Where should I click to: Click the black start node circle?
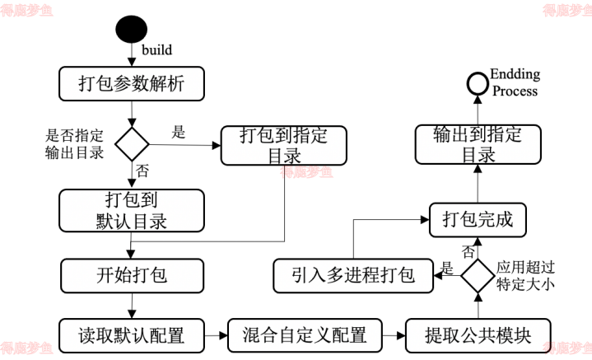pyautogui.click(x=131, y=30)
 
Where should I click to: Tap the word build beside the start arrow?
pyautogui.click(x=156, y=49)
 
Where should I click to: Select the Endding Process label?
pyautogui.click(x=515, y=82)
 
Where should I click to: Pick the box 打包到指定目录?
pyautogui.click(x=283, y=146)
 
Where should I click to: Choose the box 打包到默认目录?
pyautogui.click(x=132, y=211)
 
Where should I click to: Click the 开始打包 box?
pyautogui.click(x=133, y=274)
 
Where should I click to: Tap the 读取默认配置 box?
pyautogui.click(x=132, y=335)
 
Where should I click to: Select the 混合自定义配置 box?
pyautogui.click(x=305, y=335)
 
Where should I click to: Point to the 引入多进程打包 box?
pyautogui.click(x=355, y=275)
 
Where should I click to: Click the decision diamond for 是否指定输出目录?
pyautogui.click(x=131, y=144)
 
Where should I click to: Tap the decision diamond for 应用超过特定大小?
pyautogui.click(x=477, y=275)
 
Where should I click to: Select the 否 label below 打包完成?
pyautogui.click(x=468, y=250)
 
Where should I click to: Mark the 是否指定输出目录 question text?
pyautogui.click(x=75, y=144)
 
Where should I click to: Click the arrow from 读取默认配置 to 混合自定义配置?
pyautogui.click(x=216, y=335)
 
